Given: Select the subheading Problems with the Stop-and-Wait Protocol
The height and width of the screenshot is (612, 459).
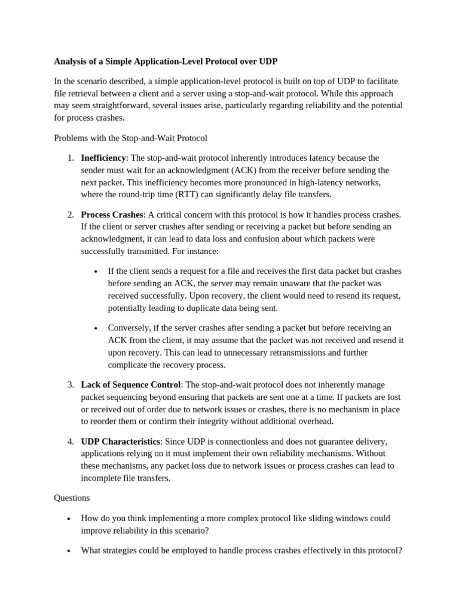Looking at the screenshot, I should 130,138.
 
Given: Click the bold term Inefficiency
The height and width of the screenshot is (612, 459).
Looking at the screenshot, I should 103,158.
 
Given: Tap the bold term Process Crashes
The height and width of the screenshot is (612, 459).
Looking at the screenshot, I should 112,215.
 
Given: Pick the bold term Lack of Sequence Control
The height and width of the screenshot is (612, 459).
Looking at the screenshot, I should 130,385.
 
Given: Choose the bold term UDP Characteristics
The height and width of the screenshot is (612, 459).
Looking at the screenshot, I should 120,442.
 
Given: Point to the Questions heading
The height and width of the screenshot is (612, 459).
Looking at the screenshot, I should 72,498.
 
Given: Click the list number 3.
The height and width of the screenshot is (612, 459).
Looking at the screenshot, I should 71,385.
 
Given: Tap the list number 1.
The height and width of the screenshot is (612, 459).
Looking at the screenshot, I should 71,158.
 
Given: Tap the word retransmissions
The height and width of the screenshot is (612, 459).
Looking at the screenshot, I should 277,353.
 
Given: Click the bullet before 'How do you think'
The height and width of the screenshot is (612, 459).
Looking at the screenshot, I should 69,519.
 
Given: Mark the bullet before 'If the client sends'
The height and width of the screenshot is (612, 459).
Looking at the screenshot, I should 96,271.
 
